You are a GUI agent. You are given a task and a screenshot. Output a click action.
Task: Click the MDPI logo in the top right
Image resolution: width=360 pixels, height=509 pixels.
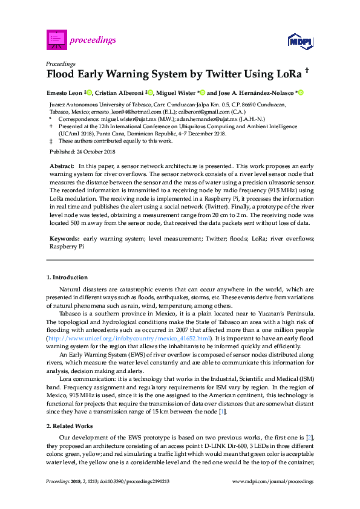(299, 41)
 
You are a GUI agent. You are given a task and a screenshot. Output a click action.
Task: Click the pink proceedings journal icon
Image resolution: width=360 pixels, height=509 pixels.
(56, 40)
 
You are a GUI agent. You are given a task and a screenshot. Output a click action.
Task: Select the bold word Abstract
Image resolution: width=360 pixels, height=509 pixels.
(61, 165)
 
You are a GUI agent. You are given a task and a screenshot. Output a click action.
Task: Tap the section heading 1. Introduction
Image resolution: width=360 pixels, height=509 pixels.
(67, 277)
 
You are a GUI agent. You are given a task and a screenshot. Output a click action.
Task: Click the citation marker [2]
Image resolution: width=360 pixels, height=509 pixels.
(309, 436)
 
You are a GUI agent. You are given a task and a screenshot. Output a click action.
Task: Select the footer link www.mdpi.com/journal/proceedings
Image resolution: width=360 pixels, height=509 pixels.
(272, 482)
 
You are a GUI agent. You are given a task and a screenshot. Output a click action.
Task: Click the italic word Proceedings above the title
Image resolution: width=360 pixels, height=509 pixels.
(61, 63)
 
